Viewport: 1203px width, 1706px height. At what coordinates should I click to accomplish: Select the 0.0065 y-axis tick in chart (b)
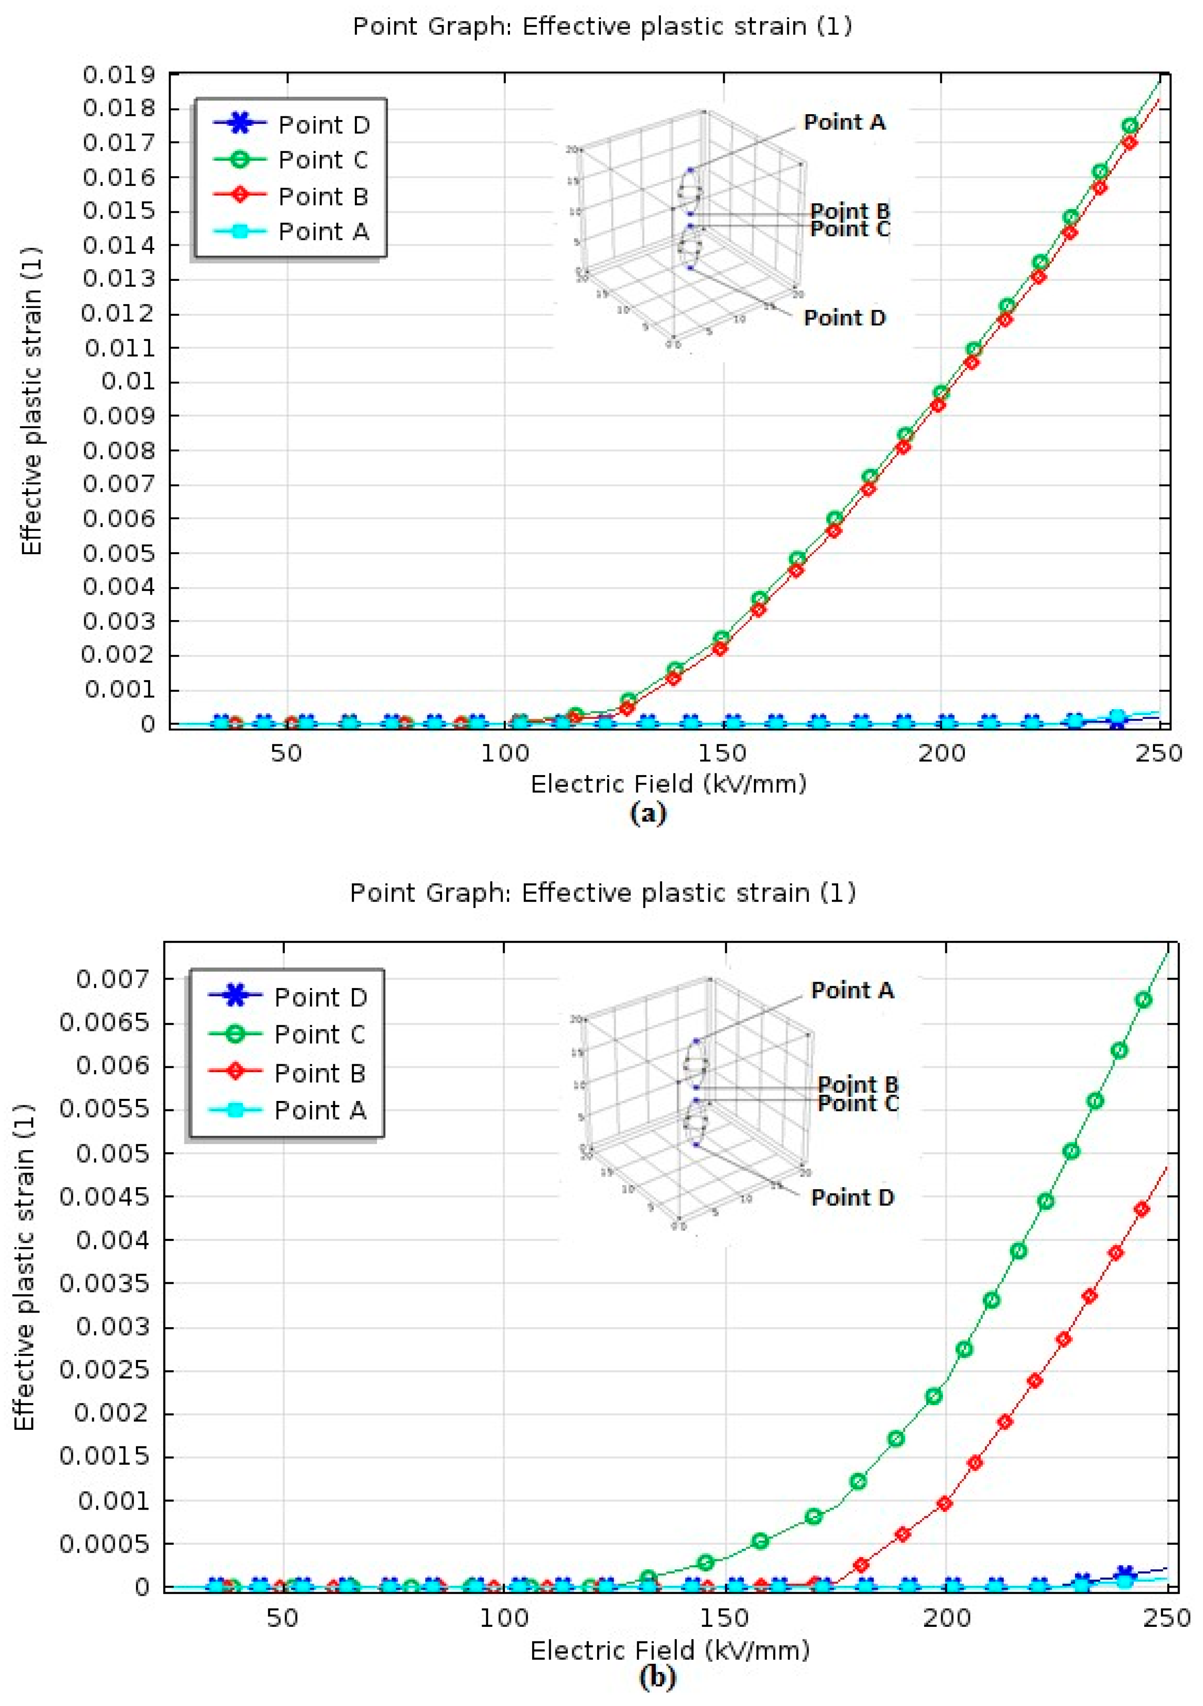click(104, 1023)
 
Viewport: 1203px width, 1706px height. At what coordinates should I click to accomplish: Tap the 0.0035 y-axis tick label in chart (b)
click(104, 1283)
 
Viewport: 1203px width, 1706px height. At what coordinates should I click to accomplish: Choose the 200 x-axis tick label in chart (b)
click(946, 1618)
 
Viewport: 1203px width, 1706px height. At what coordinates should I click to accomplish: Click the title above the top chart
click(602, 27)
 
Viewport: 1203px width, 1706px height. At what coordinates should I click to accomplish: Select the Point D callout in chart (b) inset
click(852, 1198)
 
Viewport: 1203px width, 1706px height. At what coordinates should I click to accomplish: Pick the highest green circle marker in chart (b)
click(1143, 1000)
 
